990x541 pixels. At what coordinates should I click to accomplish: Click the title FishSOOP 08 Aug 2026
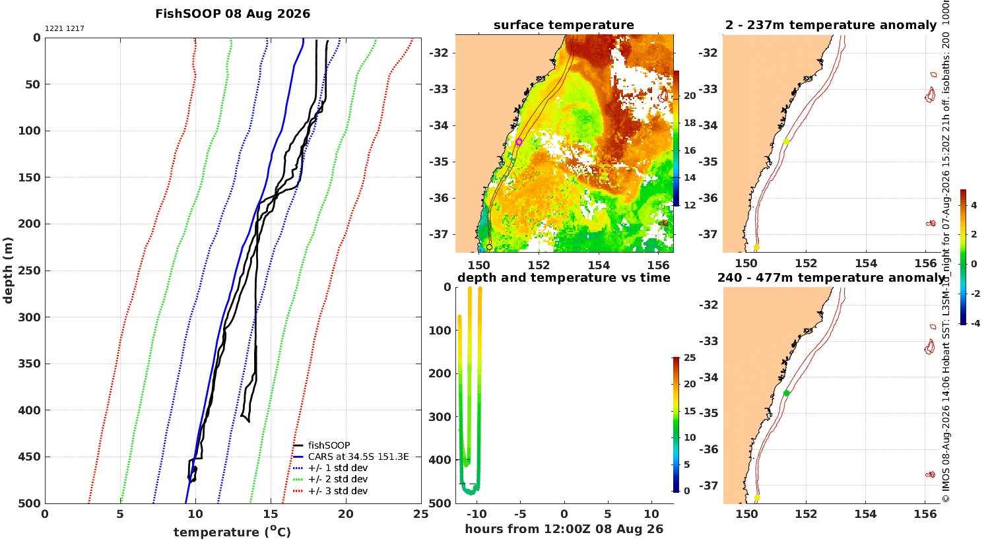(x=232, y=14)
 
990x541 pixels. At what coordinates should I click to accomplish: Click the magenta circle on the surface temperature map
(x=519, y=142)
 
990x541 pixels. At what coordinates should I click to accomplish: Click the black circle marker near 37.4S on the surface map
(x=489, y=247)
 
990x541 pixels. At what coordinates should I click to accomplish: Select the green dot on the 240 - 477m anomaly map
(x=786, y=393)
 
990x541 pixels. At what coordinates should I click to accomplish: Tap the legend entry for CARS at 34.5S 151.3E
(x=351, y=457)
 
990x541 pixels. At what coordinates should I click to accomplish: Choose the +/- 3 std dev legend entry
(x=331, y=491)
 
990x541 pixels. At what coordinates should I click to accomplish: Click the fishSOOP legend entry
(x=322, y=445)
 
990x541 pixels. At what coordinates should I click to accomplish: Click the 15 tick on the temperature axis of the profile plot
(x=271, y=514)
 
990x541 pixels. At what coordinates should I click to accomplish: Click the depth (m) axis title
(x=7, y=270)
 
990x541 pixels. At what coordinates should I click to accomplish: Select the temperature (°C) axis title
(x=232, y=531)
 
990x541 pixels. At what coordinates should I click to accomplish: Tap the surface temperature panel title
(x=564, y=24)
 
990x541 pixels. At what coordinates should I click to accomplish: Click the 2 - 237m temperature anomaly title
(x=831, y=24)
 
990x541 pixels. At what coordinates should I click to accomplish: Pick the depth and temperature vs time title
(x=564, y=277)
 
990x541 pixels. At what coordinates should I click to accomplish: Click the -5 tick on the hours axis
(x=520, y=514)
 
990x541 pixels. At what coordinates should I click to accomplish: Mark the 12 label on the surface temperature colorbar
(x=690, y=205)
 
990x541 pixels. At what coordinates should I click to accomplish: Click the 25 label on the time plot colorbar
(x=690, y=358)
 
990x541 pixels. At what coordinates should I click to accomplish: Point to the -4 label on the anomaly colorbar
(x=974, y=323)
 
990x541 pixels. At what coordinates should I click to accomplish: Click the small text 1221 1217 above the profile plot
(x=65, y=29)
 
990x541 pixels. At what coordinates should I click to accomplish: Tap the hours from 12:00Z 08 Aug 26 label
(x=564, y=528)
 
